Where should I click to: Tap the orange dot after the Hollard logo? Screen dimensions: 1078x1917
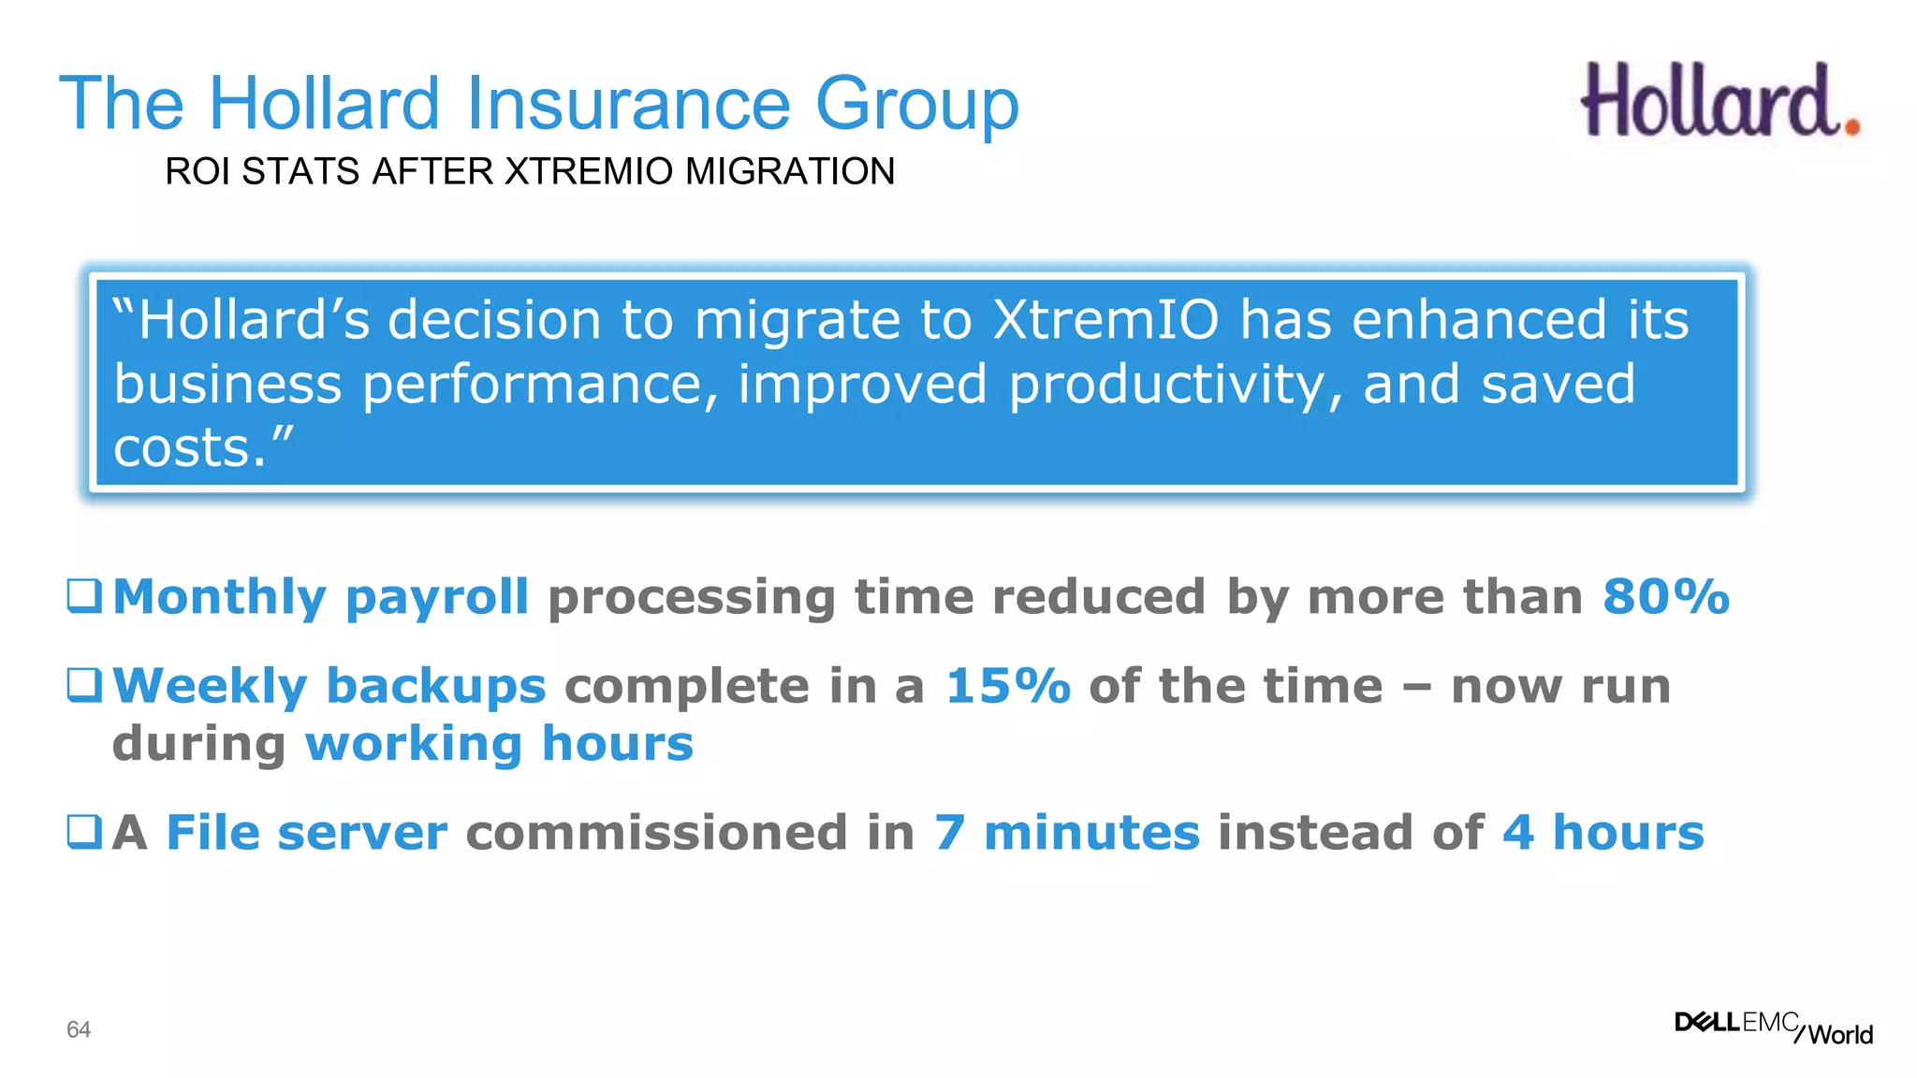point(1851,124)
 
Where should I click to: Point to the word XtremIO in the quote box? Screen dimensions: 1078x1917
point(1105,320)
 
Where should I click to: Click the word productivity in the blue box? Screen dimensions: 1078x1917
point(1175,384)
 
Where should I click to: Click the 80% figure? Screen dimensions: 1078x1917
point(1665,596)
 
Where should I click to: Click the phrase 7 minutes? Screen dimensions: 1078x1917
point(1067,832)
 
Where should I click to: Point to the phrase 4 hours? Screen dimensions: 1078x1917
point(1602,832)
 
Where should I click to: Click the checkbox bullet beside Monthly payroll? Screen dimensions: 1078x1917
point(84,595)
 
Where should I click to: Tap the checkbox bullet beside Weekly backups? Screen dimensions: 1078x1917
point(84,685)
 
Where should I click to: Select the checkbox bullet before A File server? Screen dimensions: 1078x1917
point(84,831)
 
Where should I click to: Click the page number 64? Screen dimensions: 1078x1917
point(79,1029)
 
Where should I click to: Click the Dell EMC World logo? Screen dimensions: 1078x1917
point(1773,1027)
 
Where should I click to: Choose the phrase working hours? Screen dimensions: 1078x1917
point(499,744)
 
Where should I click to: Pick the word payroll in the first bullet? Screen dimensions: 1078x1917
point(437,598)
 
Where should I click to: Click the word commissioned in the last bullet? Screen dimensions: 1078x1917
point(690,832)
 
